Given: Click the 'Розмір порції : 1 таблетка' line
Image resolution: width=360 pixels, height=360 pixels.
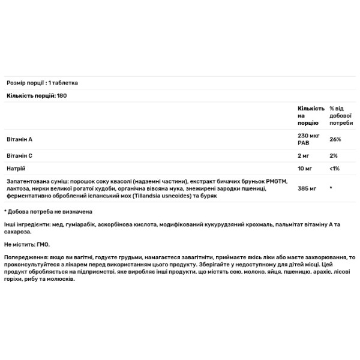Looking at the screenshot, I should pos(42,83).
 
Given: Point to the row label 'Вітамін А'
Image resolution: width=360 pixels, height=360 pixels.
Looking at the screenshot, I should pos(19,139).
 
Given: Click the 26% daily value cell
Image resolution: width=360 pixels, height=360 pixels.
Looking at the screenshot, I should pos(335,139).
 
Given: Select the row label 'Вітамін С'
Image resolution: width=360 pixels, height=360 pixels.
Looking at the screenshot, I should pos(19,155).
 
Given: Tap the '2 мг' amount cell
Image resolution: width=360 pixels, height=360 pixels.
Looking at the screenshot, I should pos(304,155).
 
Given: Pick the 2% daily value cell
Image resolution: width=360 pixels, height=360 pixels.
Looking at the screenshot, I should pos(334,155).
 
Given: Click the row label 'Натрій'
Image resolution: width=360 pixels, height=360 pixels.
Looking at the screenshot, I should pos(16,169).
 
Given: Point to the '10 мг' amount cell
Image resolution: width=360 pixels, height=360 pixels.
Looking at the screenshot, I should pos(305,169).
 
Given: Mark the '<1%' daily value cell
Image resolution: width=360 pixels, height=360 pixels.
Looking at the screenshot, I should pos(335,169).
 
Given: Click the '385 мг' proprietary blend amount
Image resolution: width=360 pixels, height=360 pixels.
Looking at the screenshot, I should pos(307,188).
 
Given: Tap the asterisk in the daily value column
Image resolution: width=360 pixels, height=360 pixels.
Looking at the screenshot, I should pos(331,188).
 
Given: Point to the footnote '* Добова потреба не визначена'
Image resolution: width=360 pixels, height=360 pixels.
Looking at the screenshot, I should pos(48,211).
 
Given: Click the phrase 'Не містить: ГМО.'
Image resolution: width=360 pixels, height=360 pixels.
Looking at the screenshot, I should pos(26,245).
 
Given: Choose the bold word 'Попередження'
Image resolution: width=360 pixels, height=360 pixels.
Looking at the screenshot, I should pos(25,257).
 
